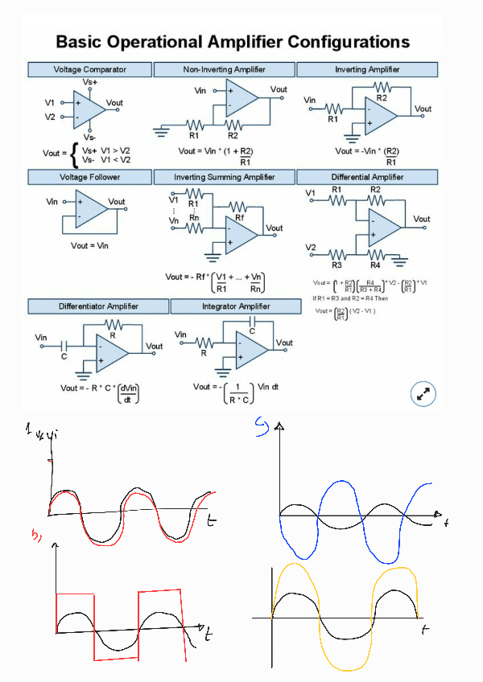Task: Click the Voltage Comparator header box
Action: coord(89,70)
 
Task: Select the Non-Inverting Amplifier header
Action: coord(225,70)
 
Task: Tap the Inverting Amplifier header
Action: coord(367,70)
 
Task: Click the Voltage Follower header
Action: coord(89,177)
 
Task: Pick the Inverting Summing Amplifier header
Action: coord(225,177)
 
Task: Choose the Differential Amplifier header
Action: coord(367,177)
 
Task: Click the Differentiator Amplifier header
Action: coord(98,306)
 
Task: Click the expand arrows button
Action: coord(423,394)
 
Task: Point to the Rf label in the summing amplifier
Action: coord(239,217)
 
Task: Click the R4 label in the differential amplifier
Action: coord(375,265)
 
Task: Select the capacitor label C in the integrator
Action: coord(252,331)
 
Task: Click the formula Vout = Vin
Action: coord(89,245)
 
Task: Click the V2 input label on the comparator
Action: coord(51,117)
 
